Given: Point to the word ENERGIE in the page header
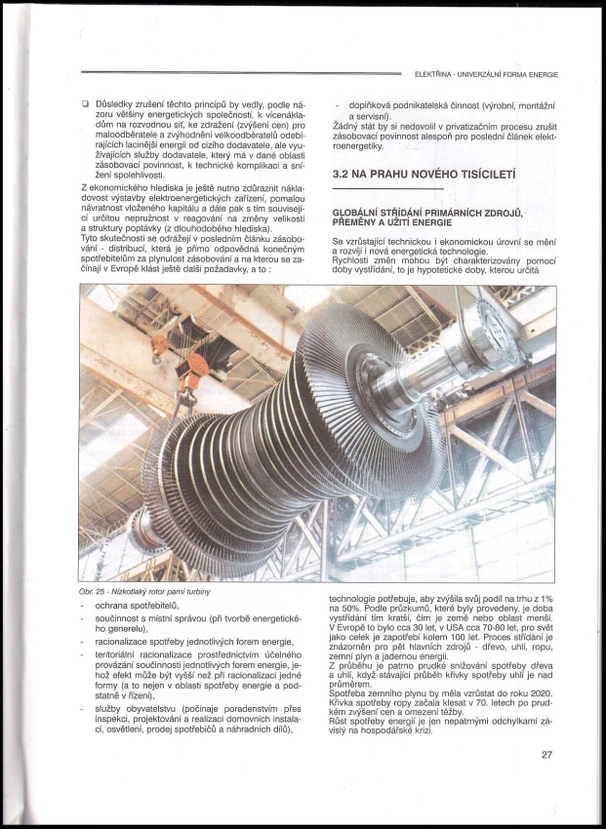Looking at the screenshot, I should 540,73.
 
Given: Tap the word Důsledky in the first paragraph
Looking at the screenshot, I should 116,100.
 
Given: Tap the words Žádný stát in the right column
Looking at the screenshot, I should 353,126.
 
